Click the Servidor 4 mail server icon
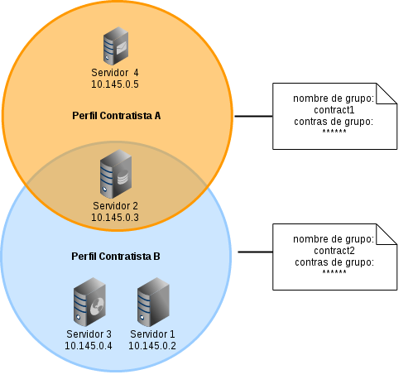pos(116,46)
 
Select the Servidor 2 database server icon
pos(116,174)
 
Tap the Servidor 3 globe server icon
pos(89,302)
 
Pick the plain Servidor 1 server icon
pos(153,302)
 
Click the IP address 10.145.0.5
pos(115,84)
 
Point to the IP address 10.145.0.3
pos(115,218)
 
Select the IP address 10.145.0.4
pos(89,345)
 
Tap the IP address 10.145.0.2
pos(152,345)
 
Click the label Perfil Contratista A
pos(117,116)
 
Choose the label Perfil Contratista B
pos(116,257)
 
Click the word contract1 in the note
pos(334,110)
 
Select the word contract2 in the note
pos(334,251)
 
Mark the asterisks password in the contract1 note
pos(334,131)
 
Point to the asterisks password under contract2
pos(334,271)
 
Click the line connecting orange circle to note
pos(253,116)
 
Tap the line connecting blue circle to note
pos(256,252)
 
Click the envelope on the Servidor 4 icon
pos(121,48)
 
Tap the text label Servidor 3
pos(89,334)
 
